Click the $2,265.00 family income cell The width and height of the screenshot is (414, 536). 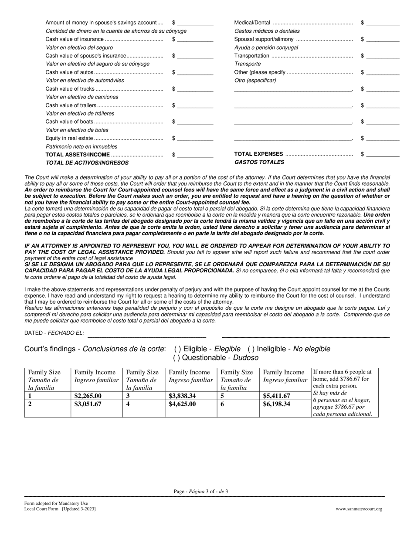click(88, 396)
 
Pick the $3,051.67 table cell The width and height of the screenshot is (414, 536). click(88, 404)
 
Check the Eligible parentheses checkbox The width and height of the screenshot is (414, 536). click(177, 349)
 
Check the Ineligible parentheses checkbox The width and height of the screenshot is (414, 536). click(251, 349)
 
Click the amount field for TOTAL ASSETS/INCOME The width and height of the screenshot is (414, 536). click(195, 155)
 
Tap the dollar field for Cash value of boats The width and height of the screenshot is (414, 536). click(195, 122)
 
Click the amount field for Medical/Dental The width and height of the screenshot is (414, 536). click(382, 23)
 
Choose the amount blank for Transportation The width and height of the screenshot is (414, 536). click(382, 56)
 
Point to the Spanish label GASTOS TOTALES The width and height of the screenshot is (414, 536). click(259, 162)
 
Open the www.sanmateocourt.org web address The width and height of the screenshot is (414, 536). click(359, 509)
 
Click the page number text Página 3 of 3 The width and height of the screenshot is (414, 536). click(201, 492)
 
